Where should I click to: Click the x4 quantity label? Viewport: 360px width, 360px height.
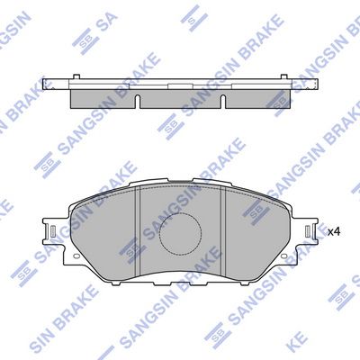(332, 232)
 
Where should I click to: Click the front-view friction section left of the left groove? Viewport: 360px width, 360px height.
(103, 234)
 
